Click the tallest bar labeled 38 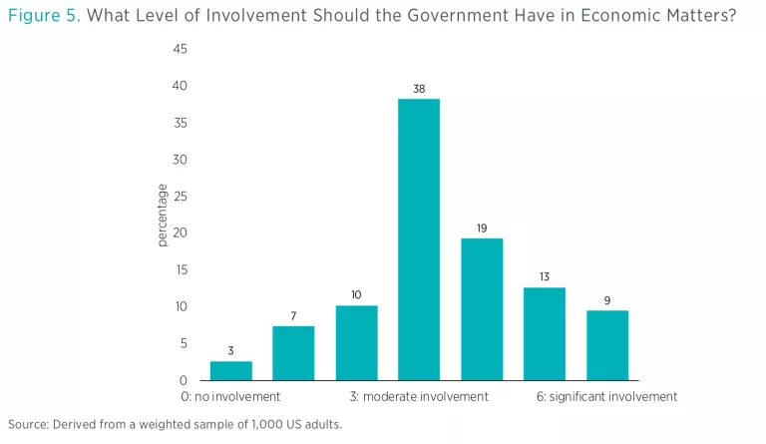[x=419, y=239]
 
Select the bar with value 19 [x=481, y=309]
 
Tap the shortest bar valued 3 [x=230, y=370]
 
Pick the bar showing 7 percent [x=293, y=353]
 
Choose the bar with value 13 [x=544, y=333]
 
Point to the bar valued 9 [x=606, y=345]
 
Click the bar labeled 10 [x=356, y=342]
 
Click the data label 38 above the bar [x=419, y=90]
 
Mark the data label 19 [x=481, y=228]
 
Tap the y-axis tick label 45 [x=180, y=49]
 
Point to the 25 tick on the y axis [x=180, y=197]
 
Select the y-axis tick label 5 [x=184, y=343]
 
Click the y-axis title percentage [x=162, y=215]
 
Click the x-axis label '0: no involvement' [x=231, y=396]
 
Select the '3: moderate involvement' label [x=419, y=396]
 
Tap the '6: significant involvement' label [x=606, y=396]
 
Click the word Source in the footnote [x=27, y=425]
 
